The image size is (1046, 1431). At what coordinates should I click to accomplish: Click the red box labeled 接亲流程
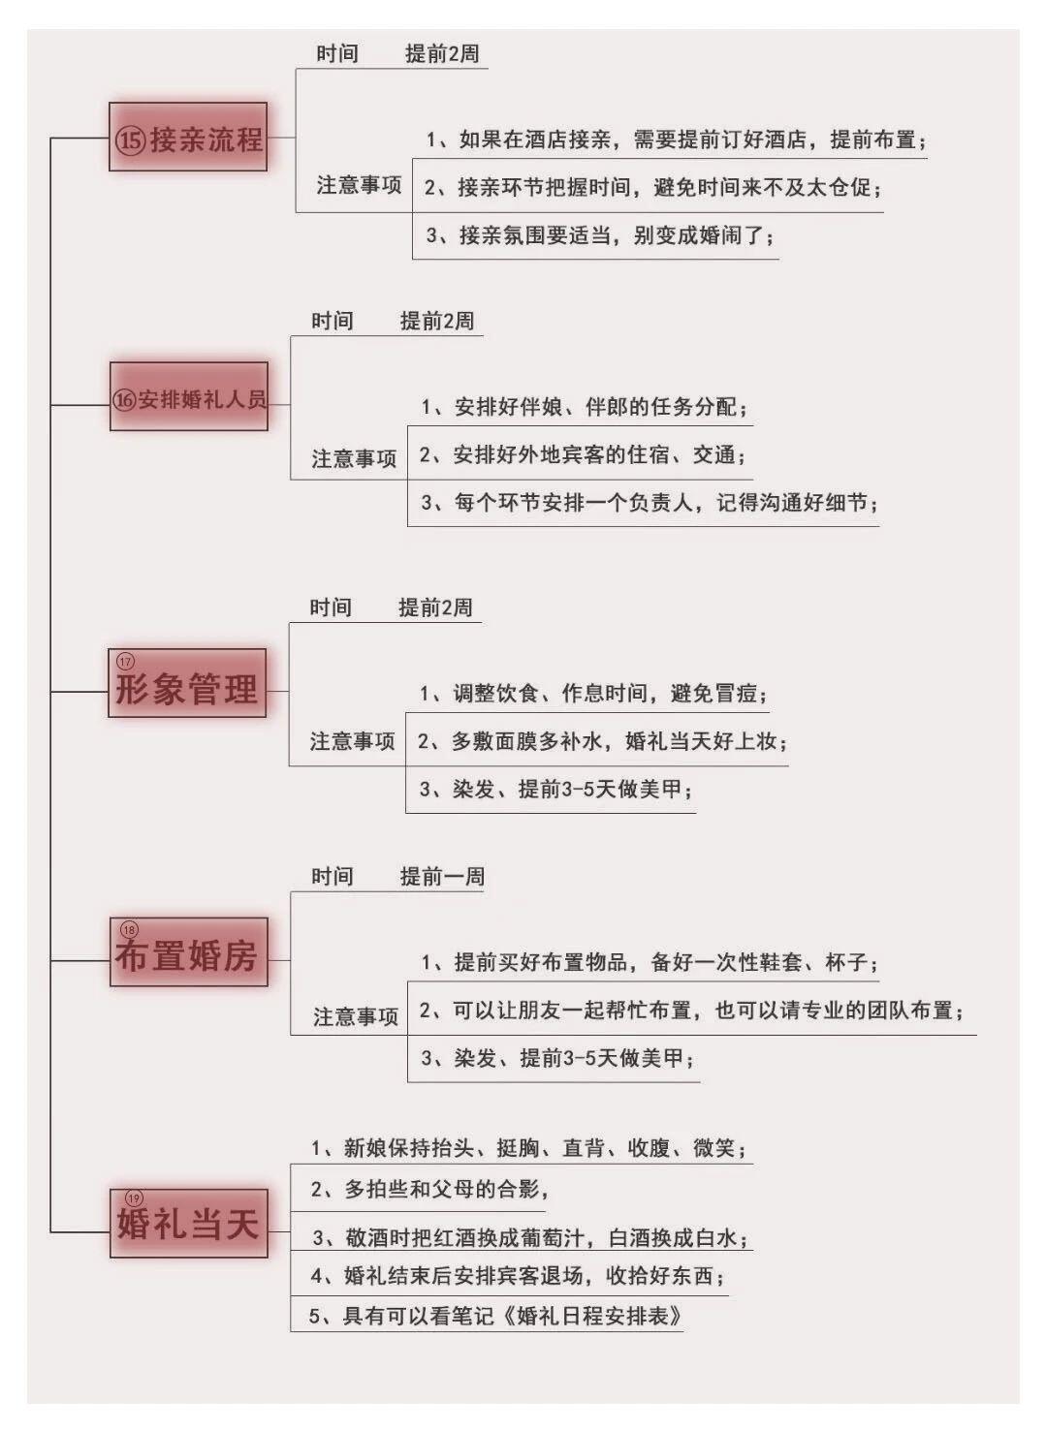pyautogui.click(x=188, y=137)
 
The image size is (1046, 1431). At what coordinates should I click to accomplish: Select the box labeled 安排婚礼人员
pyautogui.click(x=189, y=396)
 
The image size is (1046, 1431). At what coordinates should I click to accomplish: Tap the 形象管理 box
pyautogui.click(x=187, y=683)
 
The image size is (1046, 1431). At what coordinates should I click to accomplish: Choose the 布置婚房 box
pyautogui.click(x=189, y=952)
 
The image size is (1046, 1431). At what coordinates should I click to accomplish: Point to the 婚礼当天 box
pyautogui.click(x=189, y=1224)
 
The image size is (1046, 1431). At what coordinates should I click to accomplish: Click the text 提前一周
pyautogui.click(x=442, y=876)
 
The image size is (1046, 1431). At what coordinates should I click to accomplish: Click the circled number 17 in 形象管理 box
pyautogui.click(x=125, y=661)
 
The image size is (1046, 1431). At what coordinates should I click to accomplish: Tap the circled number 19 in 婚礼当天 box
pyautogui.click(x=134, y=1198)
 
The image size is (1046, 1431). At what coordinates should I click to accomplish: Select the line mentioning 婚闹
pyautogui.click(x=600, y=235)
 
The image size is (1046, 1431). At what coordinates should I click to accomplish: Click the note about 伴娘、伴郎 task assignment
pyautogui.click(x=585, y=407)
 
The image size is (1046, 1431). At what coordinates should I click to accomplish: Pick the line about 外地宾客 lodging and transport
pyautogui.click(x=583, y=454)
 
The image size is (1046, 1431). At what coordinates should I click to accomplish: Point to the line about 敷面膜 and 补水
pyautogui.click(x=602, y=741)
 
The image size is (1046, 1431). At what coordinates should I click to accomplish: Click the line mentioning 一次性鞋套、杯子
pyautogui.click(x=650, y=962)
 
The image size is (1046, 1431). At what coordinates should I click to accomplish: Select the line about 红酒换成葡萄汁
pyautogui.click(x=530, y=1238)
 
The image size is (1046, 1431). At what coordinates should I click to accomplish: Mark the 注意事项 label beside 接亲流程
pyautogui.click(x=359, y=185)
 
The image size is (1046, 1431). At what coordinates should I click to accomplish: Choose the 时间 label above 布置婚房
pyautogui.click(x=332, y=876)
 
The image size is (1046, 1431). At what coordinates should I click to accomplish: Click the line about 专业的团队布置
pyautogui.click(x=691, y=1010)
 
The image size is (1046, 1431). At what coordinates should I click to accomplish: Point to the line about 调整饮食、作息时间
pyautogui.click(x=593, y=693)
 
